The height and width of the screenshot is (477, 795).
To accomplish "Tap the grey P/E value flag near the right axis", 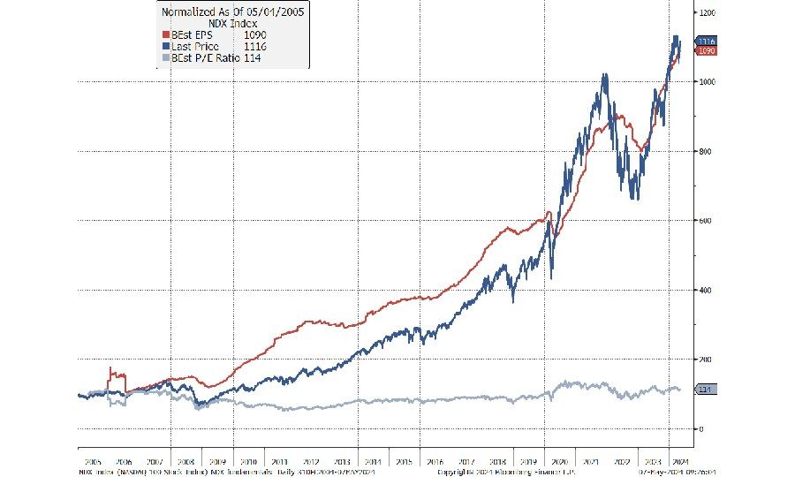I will point(706,390).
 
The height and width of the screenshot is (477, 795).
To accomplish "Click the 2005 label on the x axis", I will point(92,461).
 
